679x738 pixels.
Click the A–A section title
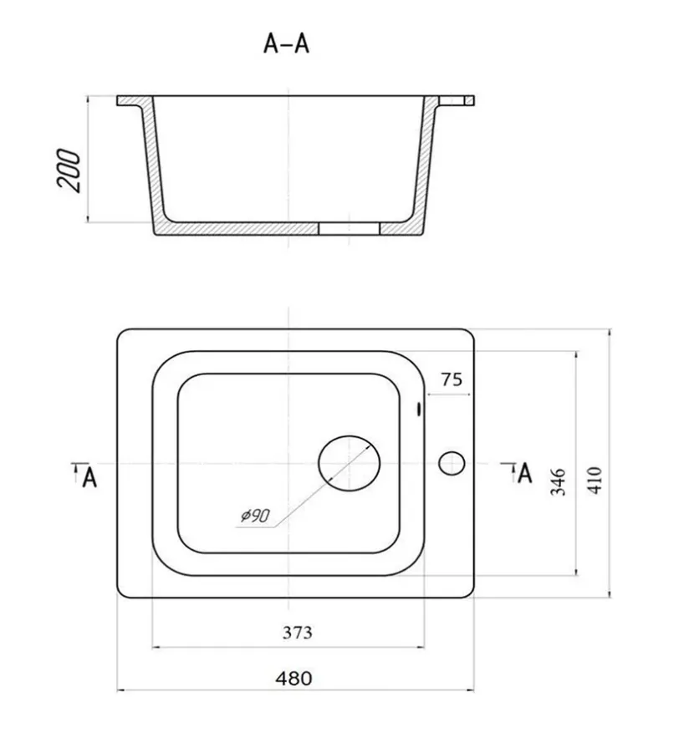click(286, 43)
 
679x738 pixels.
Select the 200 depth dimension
click(69, 171)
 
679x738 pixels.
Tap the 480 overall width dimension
click(294, 679)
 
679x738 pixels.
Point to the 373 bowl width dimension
click(297, 632)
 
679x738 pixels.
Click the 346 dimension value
click(558, 481)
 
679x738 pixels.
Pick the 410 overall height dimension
click(595, 480)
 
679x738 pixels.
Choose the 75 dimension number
click(452, 379)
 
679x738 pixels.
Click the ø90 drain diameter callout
click(255, 516)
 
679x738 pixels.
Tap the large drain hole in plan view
click(349, 463)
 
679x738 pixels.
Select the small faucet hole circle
click(452, 463)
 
